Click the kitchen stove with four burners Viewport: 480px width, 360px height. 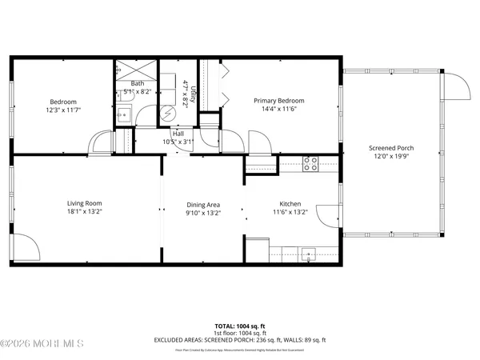point(311,165)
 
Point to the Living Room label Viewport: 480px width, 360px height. point(85,203)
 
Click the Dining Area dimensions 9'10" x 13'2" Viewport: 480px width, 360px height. point(202,213)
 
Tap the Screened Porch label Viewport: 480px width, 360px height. point(390,148)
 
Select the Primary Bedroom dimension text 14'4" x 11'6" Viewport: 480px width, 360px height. point(279,110)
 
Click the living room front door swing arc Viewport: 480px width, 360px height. point(26,246)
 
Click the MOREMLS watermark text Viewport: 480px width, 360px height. point(42,344)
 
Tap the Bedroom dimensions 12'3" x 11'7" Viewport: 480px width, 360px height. point(63,110)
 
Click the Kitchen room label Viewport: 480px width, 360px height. point(290,203)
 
